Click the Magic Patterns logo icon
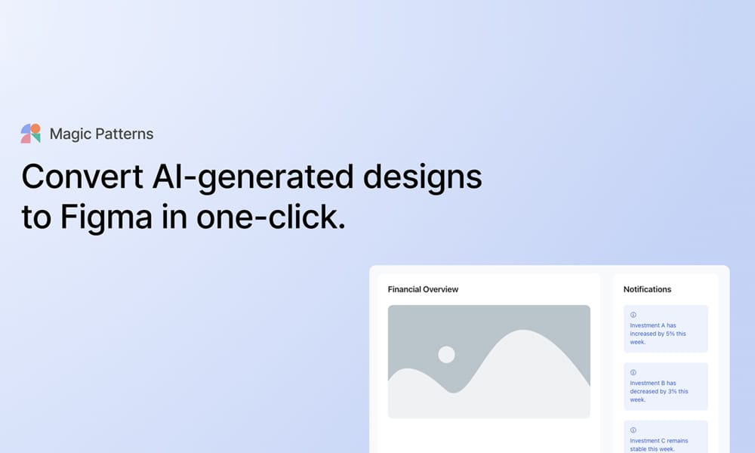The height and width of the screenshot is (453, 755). tap(30, 134)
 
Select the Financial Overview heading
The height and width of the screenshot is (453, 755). tap(423, 289)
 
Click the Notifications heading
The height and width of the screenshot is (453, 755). tap(647, 289)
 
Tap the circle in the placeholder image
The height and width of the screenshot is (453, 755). tap(446, 354)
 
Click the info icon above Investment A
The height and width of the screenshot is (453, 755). tap(633, 315)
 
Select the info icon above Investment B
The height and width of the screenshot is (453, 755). tap(633, 372)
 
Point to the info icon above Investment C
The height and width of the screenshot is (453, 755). tap(633, 430)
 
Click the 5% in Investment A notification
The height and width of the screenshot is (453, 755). tap(670, 334)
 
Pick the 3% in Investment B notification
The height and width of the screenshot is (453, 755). tap(671, 391)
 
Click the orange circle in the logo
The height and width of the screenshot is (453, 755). tap(35, 128)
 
